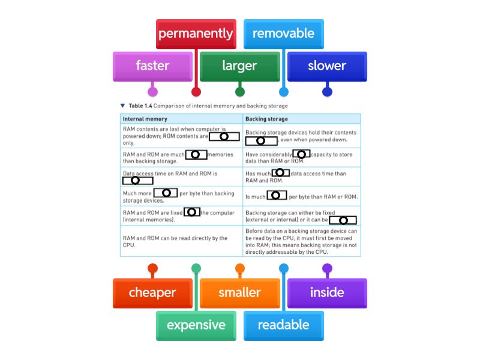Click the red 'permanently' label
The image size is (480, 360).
(x=196, y=34)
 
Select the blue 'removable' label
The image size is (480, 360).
(x=283, y=34)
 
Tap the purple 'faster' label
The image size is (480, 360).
(x=152, y=67)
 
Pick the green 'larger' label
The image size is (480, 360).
(x=239, y=67)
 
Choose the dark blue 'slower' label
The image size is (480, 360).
(x=327, y=67)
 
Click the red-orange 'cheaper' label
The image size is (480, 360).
(x=152, y=293)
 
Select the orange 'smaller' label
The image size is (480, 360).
(x=239, y=293)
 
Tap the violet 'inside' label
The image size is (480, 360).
(x=327, y=293)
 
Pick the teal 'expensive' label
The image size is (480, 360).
(x=196, y=326)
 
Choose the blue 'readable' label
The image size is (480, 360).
(x=283, y=326)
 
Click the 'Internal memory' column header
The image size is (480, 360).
(x=145, y=119)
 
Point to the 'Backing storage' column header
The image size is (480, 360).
(x=266, y=119)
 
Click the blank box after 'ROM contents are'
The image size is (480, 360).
(x=224, y=137)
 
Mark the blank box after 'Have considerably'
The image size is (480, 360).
(x=301, y=154)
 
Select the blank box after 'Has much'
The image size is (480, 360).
(x=280, y=173)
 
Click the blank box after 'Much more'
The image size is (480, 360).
(x=166, y=193)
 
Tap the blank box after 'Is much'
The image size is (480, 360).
(x=277, y=196)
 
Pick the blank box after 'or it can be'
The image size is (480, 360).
(x=343, y=220)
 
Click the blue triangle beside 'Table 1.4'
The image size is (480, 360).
(x=122, y=106)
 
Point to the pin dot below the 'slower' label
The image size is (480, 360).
(x=327, y=92)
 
